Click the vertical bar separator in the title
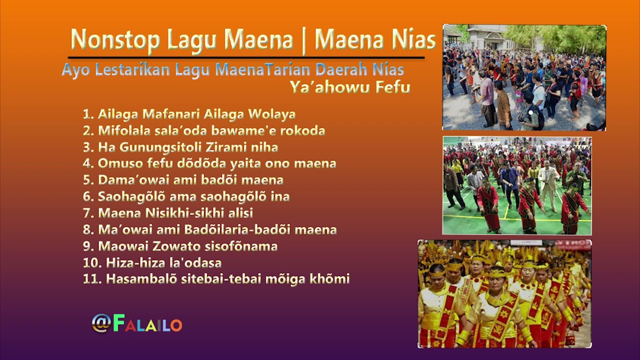click(x=303, y=40)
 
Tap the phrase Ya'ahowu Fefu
click(x=349, y=87)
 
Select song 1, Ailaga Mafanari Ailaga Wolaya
click(x=189, y=114)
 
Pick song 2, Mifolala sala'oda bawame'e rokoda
click(x=204, y=130)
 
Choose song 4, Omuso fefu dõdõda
click(x=209, y=163)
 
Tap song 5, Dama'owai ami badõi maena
click(x=183, y=180)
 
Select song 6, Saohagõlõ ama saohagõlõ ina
click(x=186, y=196)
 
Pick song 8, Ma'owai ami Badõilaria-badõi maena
click(x=210, y=229)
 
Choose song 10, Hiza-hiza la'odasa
click(x=152, y=262)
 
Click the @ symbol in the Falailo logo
click(x=101, y=323)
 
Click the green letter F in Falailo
click(x=119, y=323)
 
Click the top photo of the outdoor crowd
click(x=524, y=77)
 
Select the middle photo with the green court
click(x=517, y=185)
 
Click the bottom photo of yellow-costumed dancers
click(x=504, y=293)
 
